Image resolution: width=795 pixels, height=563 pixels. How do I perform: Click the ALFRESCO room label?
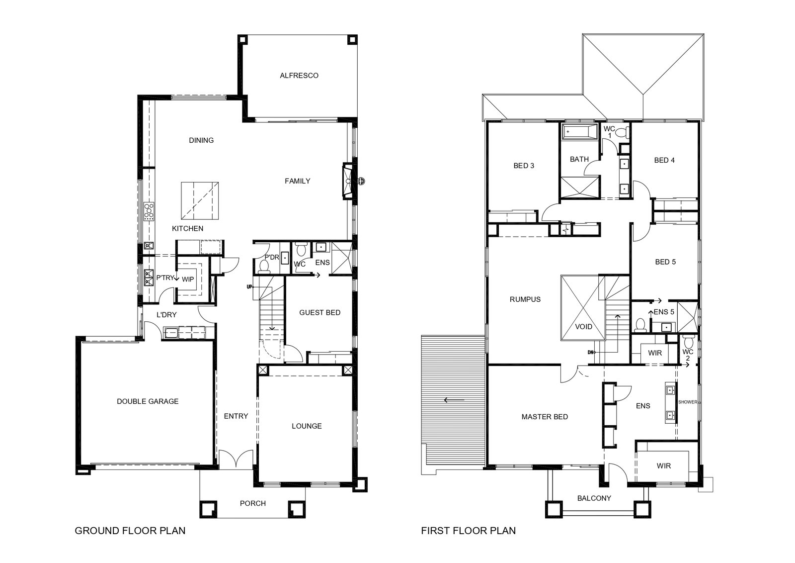[299, 75]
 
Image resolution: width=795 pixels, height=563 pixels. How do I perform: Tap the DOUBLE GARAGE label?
[148, 401]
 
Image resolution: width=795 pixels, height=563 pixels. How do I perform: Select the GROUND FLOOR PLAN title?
[130, 531]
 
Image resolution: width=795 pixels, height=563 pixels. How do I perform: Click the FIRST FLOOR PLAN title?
[468, 531]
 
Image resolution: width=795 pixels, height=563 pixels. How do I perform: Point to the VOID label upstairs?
[583, 326]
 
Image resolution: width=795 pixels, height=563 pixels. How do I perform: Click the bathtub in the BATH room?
[579, 131]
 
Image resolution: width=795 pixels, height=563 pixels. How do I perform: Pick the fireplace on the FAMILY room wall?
[348, 181]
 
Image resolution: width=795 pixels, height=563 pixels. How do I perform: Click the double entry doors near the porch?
[236, 459]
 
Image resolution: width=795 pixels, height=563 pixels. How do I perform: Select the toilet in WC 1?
[622, 132]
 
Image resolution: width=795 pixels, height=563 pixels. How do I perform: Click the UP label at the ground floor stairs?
[249, 286]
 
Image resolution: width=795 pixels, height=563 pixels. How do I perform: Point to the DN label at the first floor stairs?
[591, 352]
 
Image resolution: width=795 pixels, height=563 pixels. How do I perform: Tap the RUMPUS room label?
[525, 299]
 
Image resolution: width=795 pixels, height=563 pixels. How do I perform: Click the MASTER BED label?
[545, 417]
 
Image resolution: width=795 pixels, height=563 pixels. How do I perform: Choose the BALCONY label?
[594, 498]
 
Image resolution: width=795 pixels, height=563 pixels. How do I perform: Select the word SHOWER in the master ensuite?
[688, 402]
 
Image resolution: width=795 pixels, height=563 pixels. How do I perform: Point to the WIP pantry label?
[188, 279]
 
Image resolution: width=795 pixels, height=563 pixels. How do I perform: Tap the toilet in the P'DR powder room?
[264, 266]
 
